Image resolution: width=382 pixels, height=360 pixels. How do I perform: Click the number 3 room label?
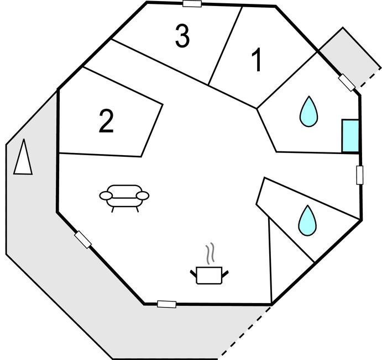pyautogui.click(x=182, y=36)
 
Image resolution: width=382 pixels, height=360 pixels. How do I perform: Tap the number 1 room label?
pyautogui.click(x=257, y=60)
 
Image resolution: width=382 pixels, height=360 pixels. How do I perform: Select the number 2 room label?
pyautogui.click(x=106, y=121)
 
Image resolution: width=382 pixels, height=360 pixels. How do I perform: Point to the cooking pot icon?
pyautogui.click(x=210, y=275)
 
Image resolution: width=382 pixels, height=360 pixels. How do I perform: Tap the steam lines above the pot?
pyautogui.click(x=210, y=253)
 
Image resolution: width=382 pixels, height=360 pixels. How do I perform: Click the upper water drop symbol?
pyautogui.click(x=308, y=112)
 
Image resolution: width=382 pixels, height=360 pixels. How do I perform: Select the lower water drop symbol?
pyautogui.click(x=308, y=221)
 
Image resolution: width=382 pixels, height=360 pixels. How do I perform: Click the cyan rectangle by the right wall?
pyautogui.click(x=350, y=136)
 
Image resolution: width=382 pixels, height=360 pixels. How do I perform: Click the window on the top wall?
pyautogui.click(x=192, y=4)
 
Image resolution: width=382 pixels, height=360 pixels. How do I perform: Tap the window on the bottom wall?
pyautogui.click(x=166, y=304)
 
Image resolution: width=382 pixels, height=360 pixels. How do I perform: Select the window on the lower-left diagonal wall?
pyautogui.click(x=83, y=239)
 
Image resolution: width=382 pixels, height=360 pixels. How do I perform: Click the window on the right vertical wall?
pyautogui.click(x=359, y=175)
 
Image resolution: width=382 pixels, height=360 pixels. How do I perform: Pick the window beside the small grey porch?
pyautogui.click(x=347, y=83)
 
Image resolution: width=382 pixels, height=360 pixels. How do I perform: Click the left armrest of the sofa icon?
pyautogui.click(x=106, y=195)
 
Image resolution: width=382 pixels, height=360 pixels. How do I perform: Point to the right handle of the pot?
pyautogui.click(x=226, y=274)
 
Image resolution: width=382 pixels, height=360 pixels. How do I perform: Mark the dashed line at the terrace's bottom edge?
pyautogui.click(x=245, y=332)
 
